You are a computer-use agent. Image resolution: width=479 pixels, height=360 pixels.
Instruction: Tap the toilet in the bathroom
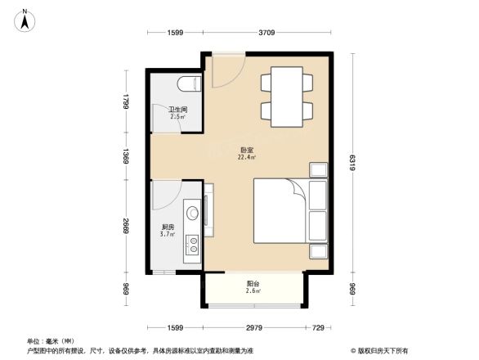pyautogui.click(x=189, y=84)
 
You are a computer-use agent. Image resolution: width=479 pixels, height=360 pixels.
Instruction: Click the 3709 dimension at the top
pyautogui.click(x=267, y=33)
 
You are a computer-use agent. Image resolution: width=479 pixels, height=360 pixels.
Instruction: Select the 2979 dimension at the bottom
pyautogui.click(x=256, y=327)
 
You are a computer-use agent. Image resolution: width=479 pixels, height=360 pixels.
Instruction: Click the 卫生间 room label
pyautogui.click(x=178, y=110)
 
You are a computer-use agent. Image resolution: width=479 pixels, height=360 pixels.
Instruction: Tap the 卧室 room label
pyautogui.click(x=245, y=150)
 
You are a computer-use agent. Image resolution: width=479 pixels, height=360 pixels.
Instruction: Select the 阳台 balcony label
pyautogui.click(x=254, y=283)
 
